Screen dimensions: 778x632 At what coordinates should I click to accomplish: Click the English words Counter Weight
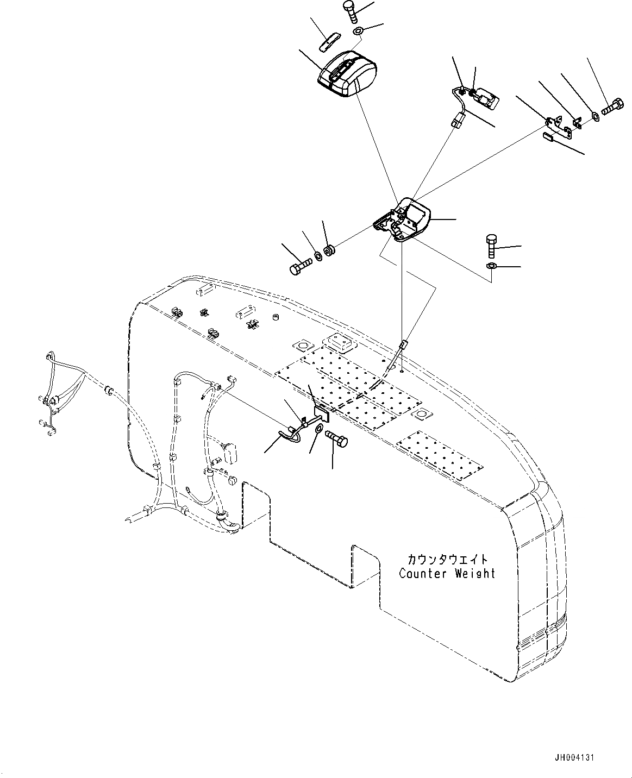447,573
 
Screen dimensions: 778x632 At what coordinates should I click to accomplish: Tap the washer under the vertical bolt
490,266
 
